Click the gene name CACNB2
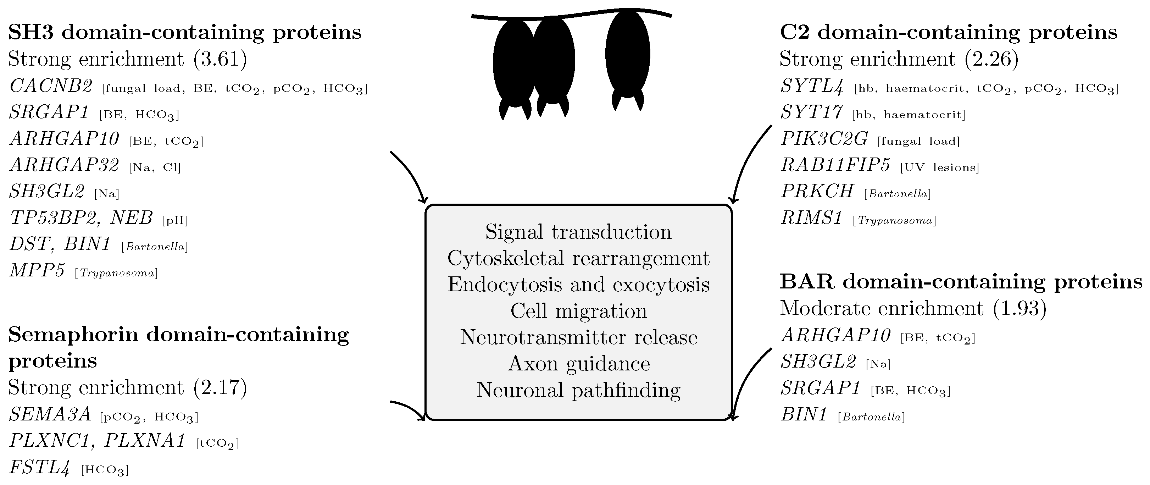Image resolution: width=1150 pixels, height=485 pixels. [51, 86]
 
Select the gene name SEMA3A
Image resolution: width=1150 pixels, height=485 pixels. [50, 414]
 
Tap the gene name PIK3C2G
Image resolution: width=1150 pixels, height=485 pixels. [824, 138]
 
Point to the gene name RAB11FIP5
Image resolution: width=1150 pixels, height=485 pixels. [835, 165]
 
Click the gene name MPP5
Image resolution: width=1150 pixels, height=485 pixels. [37, 270]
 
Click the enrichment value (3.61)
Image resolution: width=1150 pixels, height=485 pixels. [221, 59]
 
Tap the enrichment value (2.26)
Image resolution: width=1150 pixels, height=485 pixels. [992, 59]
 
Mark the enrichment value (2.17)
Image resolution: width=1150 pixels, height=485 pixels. [221, 388]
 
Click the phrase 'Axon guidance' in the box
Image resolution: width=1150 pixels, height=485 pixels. [579, 364]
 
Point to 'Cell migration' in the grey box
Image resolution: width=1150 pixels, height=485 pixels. [579, 311]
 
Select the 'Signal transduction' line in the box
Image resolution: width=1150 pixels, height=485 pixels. [579, 232]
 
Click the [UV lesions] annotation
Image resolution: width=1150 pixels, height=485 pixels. [939, 167]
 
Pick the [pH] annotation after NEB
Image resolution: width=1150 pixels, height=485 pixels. [175, 220]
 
